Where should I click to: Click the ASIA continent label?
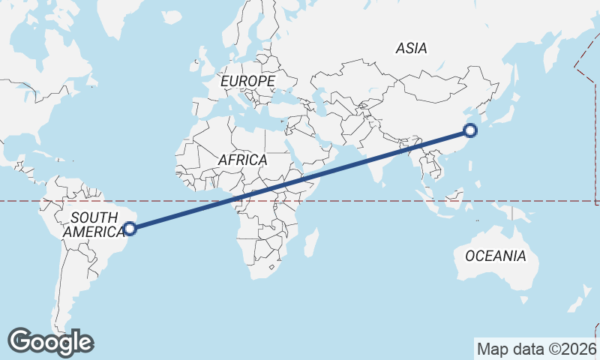tap(411, 48)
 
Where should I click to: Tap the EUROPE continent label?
tap(247, 80)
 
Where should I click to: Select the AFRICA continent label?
tap(242, 160)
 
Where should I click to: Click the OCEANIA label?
tap(495, 256)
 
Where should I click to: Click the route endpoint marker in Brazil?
tap(129, 228)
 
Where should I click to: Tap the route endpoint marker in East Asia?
tap(470, 130)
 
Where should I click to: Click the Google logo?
tap(50, 342)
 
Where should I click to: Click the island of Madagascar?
tap(311, 243)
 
